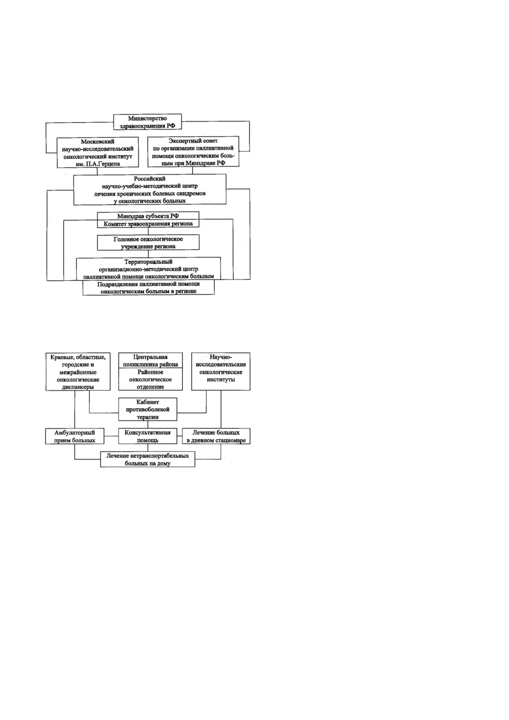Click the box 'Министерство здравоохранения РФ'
[x=148, y=122]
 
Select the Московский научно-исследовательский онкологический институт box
[x=98, y=153]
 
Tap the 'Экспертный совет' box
[x=193, y=152]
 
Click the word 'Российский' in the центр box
[x=150, y=179]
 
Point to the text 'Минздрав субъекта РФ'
[x=148, y=216]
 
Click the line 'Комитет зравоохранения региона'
[x=148, y=223]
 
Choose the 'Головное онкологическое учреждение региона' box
[x=148, y=242]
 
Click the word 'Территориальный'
[x=148, y=262]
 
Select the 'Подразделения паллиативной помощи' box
[x=148, y=287]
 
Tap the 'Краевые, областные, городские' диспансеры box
[x=78, y=372]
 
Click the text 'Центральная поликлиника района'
[x=151, y=361]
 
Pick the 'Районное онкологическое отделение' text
[x=151, y=379]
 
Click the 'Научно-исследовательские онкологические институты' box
[x=221, y=372]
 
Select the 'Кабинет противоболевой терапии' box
[x=148, y=409]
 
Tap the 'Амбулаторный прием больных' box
[x=74, y=436]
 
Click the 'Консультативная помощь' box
[x=148, y=436]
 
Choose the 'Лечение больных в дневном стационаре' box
[x=216, y=436]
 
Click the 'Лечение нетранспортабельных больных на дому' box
[x=148, y=459]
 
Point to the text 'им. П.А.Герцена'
[x=95, y=164]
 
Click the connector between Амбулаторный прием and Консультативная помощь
[x=111, y=436]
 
